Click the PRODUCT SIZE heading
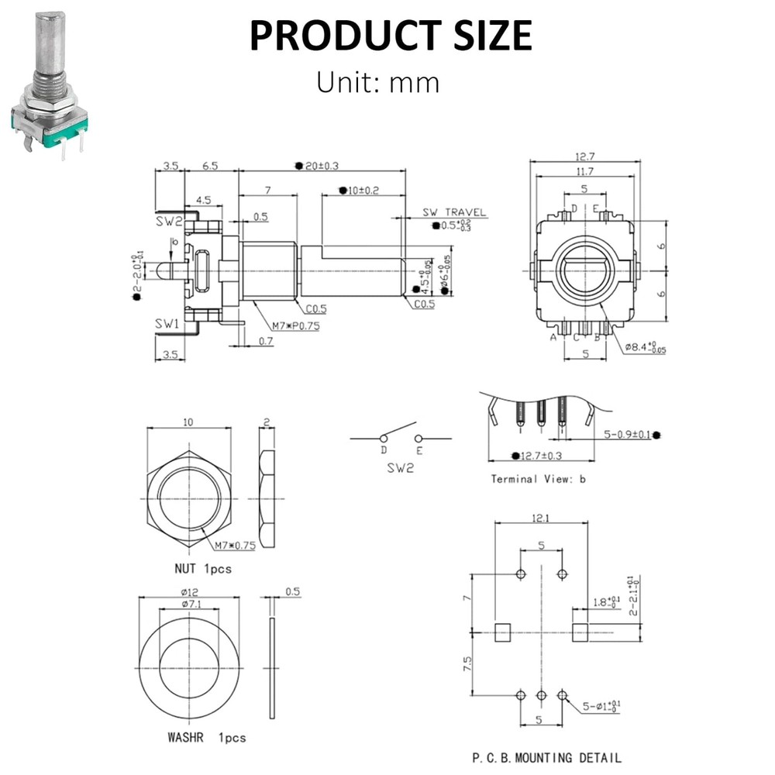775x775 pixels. click(x=390, y=36)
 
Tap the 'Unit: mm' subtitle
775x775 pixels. click(x=377, y=81)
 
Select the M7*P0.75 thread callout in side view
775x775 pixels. click(x=297, y=325)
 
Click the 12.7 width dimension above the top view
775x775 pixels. click(x=585, y=157)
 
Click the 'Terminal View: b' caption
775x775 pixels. click(x=538, y=479)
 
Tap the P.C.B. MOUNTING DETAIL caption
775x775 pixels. click(x=546, y=757)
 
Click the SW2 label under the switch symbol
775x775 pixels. click(x=400, y=468)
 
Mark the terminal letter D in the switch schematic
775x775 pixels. click(x=383, y=450)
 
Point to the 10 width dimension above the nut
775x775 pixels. click(x=189, y=422)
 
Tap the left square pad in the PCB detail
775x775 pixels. click(x=503, y=632)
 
